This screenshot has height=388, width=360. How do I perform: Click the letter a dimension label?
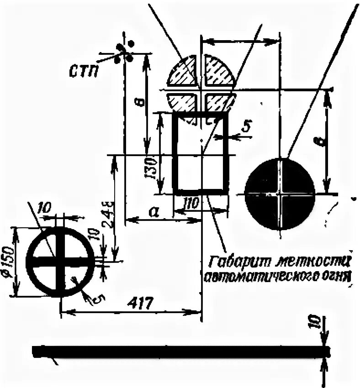(154, 211)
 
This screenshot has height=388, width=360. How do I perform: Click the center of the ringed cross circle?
(60, 261)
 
